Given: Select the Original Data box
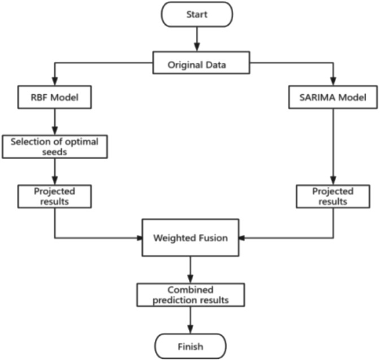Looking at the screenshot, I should pos(200,64).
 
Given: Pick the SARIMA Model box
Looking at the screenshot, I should pos(333,98).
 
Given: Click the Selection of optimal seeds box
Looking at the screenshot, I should pos(54,146).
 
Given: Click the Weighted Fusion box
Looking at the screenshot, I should pos(190,238).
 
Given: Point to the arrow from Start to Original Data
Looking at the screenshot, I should pos(196,39).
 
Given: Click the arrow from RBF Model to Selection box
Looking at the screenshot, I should pos(54,121).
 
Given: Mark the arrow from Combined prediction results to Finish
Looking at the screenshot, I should pos(190,321).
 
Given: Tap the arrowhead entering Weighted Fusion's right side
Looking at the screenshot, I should pos(241,238).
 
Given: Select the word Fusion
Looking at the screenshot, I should pos(212,238).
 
